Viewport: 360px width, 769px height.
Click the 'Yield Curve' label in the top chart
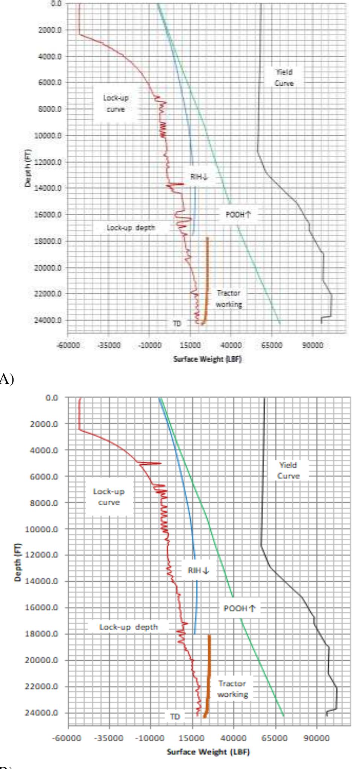[284, 78]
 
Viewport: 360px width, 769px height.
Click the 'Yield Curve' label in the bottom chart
[289, 470]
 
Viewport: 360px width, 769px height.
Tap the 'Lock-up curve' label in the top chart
[115, 103]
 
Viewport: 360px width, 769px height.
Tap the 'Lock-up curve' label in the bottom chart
[109, 497]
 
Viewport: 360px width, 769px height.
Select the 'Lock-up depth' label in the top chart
[131, 228]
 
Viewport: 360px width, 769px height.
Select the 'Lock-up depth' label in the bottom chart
[128, 627]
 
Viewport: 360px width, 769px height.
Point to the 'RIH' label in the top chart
[199, 177]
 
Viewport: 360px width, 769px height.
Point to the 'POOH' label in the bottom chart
[240, 608]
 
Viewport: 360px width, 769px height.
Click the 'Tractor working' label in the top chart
[229, 299]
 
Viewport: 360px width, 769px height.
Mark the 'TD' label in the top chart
[177, 323]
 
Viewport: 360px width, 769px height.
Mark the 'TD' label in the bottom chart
[175, 717]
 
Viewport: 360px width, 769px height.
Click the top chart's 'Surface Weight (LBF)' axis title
[207, 359]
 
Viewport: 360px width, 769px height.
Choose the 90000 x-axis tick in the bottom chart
[316, 738]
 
